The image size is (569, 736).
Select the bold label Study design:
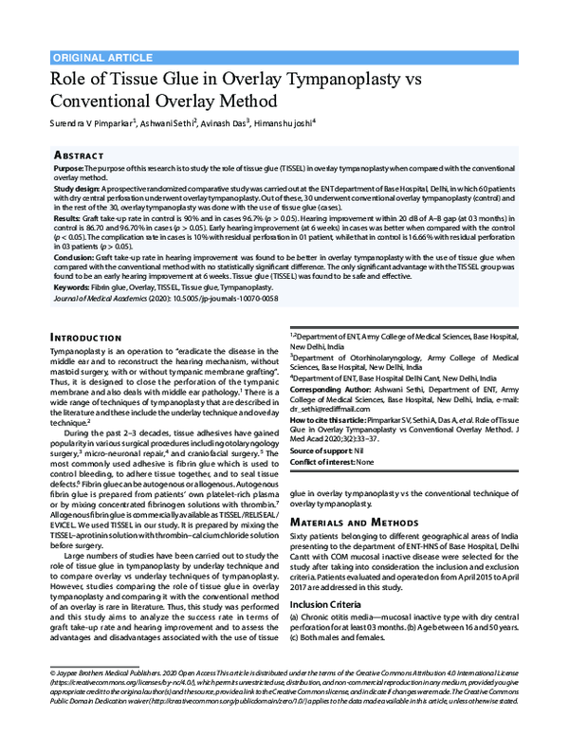pyautogui.click(x=80, y=190)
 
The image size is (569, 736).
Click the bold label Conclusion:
pyautogui.click(x=75, y=256)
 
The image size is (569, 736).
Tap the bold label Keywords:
pyautogui.click(x=74, y=285)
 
